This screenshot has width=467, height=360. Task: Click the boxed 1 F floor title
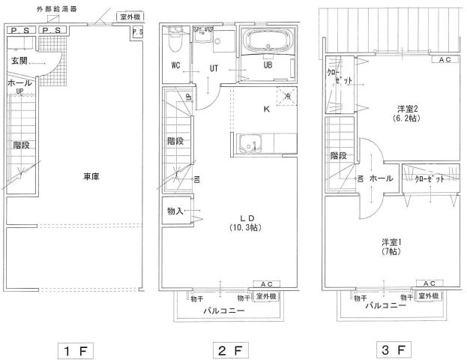75,349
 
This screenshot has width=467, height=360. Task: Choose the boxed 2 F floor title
234,349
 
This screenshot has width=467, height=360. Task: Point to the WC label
176,65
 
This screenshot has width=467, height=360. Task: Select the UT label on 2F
214,66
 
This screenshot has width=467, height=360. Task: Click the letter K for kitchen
266,109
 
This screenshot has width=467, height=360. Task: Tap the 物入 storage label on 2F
174,211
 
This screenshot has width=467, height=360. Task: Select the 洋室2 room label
408,107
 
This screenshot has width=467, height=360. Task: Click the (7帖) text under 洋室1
390,252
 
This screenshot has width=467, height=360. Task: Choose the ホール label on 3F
381,178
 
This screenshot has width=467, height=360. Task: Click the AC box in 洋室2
445,59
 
